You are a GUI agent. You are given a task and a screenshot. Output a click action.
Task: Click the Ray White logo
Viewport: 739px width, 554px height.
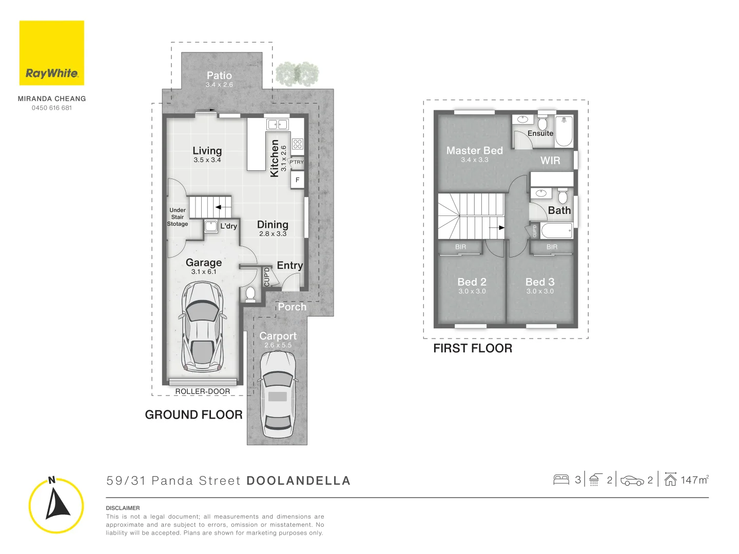click(52, 53)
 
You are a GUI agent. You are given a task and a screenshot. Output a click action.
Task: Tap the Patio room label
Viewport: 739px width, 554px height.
click(219, 75)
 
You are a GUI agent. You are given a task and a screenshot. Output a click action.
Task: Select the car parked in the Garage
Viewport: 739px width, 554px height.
click(202, 327)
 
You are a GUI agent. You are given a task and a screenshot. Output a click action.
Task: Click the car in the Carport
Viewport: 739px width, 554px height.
click(277, 394)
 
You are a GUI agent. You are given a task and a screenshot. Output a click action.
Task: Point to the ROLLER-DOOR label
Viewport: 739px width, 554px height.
click(203, 391)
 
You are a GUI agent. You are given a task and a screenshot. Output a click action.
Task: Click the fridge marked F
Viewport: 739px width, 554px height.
click(297, 180)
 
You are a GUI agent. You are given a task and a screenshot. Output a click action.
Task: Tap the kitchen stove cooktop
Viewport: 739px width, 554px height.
click(298, 144)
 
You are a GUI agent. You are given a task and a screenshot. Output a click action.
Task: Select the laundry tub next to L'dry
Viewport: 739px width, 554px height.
click(211, 226)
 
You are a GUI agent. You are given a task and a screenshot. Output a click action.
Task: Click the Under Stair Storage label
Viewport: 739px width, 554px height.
click(178, 217)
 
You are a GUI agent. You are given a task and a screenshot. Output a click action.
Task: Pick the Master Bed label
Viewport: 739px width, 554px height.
click(474, 151)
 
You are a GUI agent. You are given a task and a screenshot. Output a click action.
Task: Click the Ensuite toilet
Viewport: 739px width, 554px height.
click(542, 123)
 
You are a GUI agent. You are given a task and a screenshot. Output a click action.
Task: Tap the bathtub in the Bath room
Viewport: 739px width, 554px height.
click(556, 231)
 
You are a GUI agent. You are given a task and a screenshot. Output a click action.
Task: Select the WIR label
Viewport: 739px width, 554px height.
click(550, 161)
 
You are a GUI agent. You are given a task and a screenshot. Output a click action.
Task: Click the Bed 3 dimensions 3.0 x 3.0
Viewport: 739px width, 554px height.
click(540, 291)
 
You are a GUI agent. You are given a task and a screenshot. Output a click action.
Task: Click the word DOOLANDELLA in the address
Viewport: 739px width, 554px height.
click(298, 481)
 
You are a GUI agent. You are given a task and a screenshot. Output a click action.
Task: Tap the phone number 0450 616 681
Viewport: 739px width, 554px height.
click(52, 108)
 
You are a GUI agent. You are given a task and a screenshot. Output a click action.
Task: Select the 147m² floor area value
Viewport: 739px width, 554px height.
click(694, 480)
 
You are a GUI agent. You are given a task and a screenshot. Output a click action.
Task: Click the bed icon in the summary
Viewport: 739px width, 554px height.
click(561, 480)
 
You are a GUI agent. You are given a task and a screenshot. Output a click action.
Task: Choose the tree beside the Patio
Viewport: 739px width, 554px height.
click(297, 74)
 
